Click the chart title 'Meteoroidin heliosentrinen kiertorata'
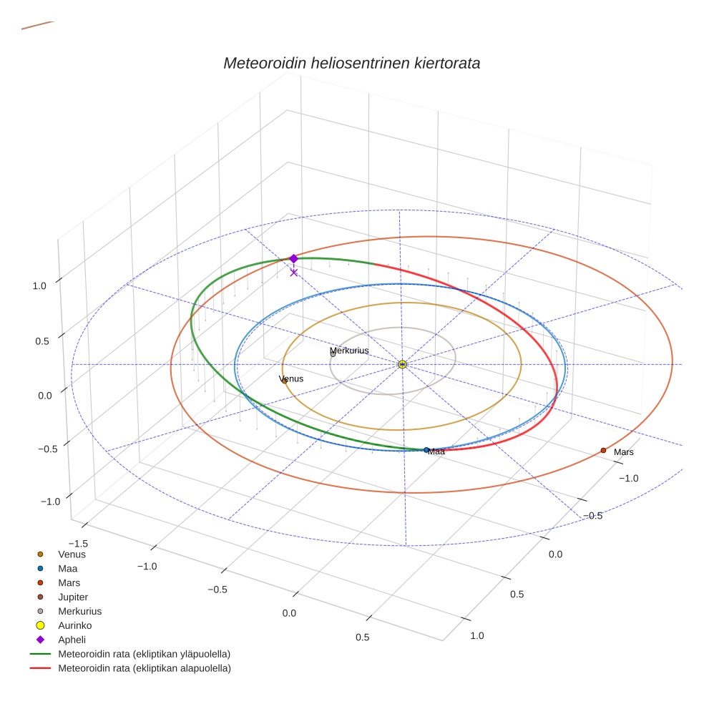tap(351, 63)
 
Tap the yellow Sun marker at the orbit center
tap(402, 364)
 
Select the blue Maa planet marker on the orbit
tap(426, 450)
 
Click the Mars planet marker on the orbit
tap(603, 450)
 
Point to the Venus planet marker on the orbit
tap(284, 381)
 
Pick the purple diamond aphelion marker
tap(293, 258)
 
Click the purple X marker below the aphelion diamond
tap(293, 272)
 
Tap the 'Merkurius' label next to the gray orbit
tap(349, 351)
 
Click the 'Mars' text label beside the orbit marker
tap(624, 452)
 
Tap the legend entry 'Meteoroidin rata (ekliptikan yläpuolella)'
tap(144, 654)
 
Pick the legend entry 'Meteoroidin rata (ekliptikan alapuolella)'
tap(144, 668)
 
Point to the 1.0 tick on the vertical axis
tap(39, 285)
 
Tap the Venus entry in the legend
tap(72, 554)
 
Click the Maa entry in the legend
tap(68, 568)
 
